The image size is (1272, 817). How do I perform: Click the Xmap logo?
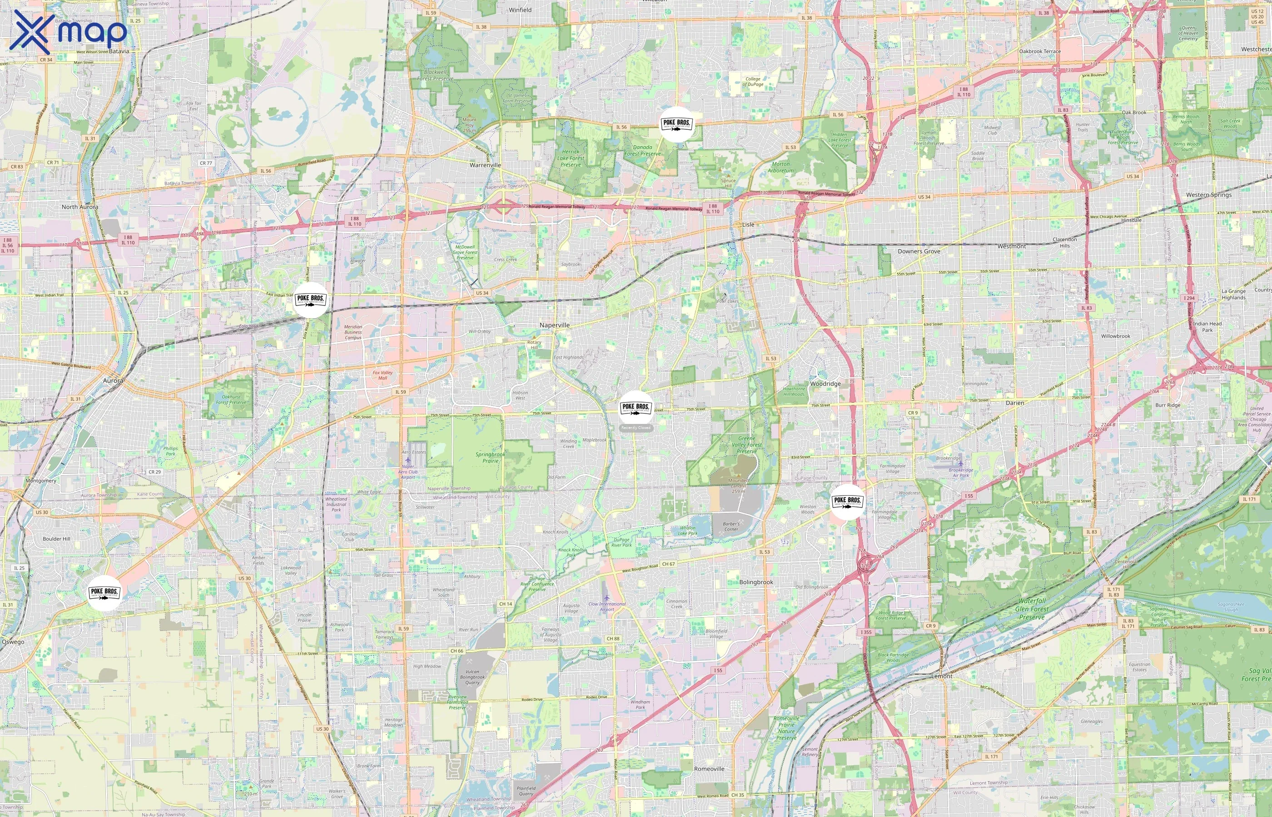coord(68,31)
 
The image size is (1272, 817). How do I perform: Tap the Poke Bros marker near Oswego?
coord(104,593)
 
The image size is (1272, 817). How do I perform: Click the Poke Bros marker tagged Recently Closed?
coord(636,408)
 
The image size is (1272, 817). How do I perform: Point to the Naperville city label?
coord(554,325)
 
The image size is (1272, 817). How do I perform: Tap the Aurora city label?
coord(113,380)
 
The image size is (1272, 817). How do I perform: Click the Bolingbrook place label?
coord(756,582)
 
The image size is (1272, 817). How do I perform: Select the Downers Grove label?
coord(919,251)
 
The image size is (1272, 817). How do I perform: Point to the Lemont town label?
coord(942,676)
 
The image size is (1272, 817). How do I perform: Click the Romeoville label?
coord(709,769)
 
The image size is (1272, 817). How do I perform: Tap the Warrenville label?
coord(485,165)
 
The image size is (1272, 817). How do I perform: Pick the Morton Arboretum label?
coord(780,167)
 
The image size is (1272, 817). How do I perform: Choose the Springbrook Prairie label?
coord(490,458)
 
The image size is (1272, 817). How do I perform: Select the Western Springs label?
coord(1209,195)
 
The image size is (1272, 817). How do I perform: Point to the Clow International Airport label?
coord(607,606)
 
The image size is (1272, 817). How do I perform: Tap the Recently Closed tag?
coord(636,428)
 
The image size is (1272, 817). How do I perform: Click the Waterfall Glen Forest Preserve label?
coord(1032,609)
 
